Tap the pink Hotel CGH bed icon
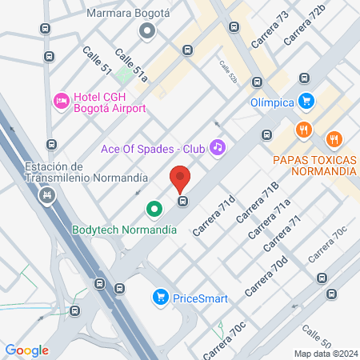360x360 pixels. pyautogui.click(x=60, y=101)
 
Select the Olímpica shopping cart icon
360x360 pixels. pyautogui.click(x=305, y=101)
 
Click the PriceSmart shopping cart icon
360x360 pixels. pyautogui.click(x=160, y=298)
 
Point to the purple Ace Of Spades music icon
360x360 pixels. pyautogui.click(x=217, y=147)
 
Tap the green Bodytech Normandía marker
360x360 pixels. pyautogui.click(x=154, y=210)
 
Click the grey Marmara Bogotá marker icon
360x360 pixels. pyautogui.click(x=146, y=32)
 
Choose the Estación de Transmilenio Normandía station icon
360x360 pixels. pyautogui.click(x=48, y=194)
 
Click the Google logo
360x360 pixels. pyautogui.click(x=26, y=350)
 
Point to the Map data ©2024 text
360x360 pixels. pyautogui.click(x=325, y=353)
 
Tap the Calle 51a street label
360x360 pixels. pyautogui.click(x=130, y=66)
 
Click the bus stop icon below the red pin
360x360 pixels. pyautogui.click(x=182, y=201)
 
